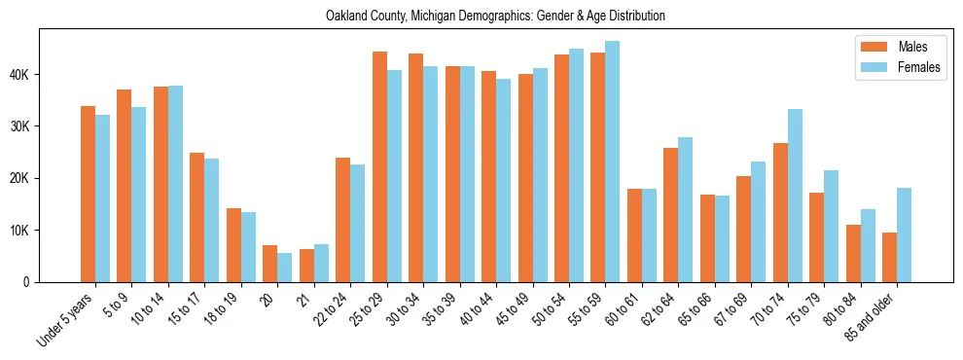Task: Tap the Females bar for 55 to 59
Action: tap(613, 162)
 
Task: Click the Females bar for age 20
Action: tap(284, 268)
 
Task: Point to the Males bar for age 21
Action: tap(306, 266)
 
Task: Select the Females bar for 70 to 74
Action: tap(795, 196)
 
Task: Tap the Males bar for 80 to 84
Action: tap(853, 253)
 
